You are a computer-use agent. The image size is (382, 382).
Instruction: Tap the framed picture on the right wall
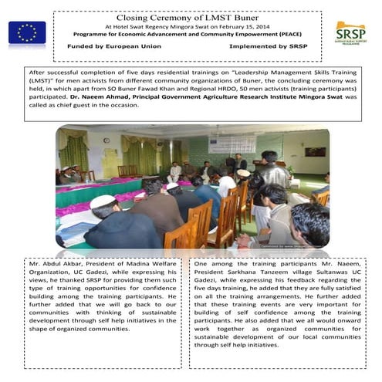[316, 151]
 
